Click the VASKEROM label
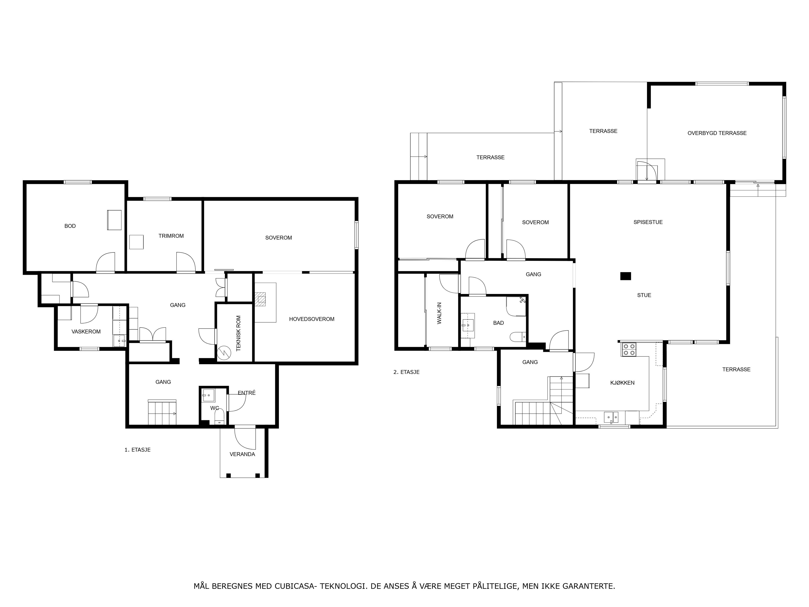click(x=86, y=332)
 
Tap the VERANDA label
click(x=242, y=454)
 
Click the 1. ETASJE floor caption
click(x=138, y=450)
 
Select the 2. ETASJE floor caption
click(x=406, y=372)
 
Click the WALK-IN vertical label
click(x=439, y=313)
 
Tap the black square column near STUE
click(x=626, y=276)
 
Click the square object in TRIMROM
click(x=137, y=242)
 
